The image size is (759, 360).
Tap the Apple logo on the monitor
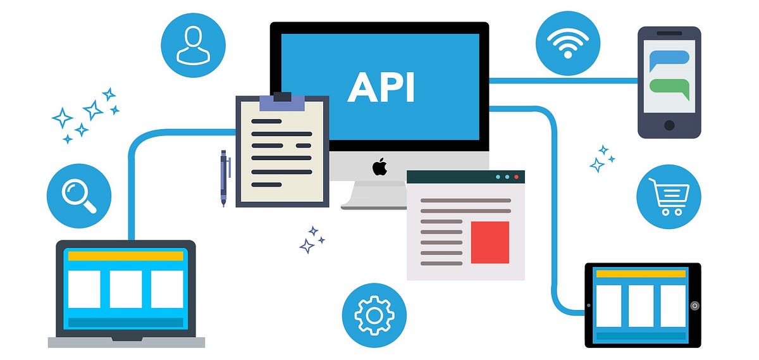[x=379, y=168]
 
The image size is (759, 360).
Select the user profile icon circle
[x=193, y=45]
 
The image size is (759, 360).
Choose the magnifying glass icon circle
[x=79, y=196]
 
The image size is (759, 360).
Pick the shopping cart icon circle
[x=669, y=197]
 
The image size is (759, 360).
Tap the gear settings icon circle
[x=374, y=314]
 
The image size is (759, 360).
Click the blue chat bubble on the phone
[x=669, y=58]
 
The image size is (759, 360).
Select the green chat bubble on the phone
[x=669, y=87]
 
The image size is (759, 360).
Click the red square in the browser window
[x=490, y=242]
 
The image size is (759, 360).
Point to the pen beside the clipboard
[x=225, y=178]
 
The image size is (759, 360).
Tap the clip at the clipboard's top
[x=282, y=98]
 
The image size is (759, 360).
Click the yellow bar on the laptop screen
[x=126, y=256]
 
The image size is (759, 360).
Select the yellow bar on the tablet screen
[x=641, y=274]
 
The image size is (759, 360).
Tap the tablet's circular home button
[x=694, y=306]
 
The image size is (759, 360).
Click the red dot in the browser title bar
[x=516, y=177]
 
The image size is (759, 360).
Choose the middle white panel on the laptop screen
[x=126, y=289]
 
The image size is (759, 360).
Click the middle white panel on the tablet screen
[x=641, y=306]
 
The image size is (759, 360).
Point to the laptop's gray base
[x=126, y=342]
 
